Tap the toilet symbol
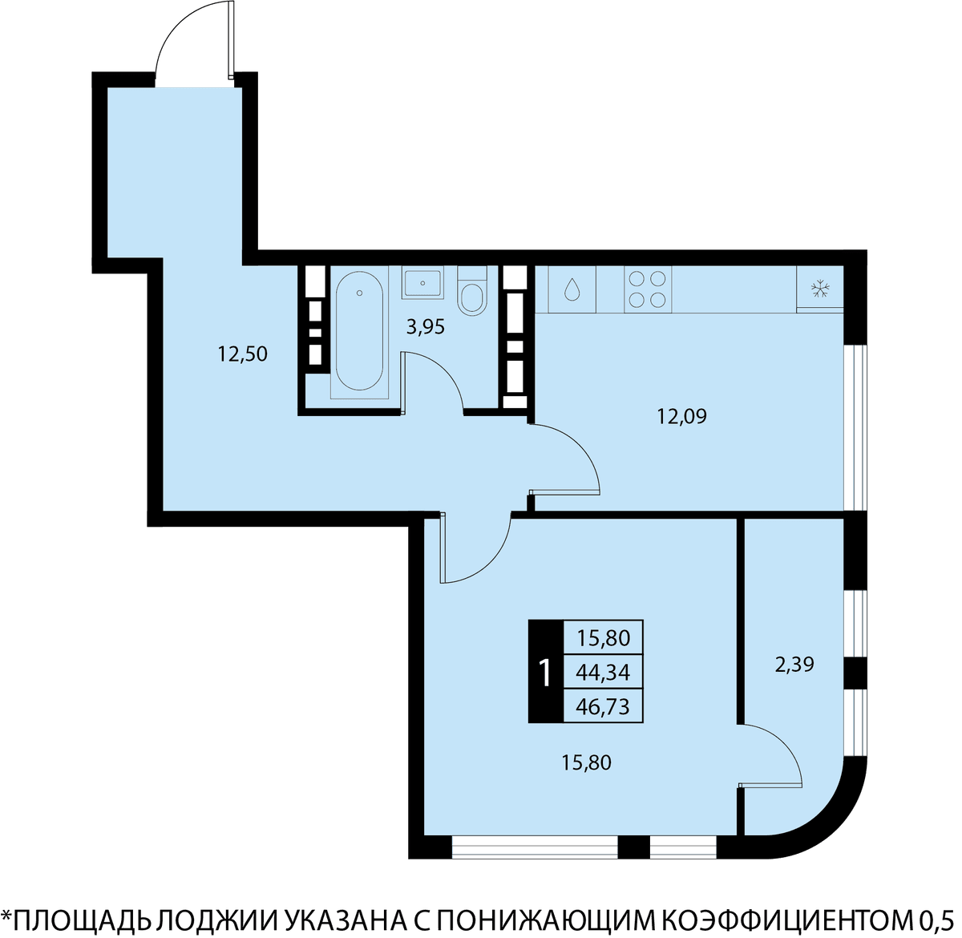click(472, 291)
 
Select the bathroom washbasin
click(422, 283)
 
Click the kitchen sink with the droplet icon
click(572, 289)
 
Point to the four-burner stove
click(648, 289)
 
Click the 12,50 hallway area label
click(243, 354)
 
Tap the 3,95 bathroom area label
click(426, 327)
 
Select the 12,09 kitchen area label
click(681, 416)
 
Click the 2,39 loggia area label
click(794, 665)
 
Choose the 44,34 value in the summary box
click(603, 673)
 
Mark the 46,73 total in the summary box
click(603, 706)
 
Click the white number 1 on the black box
click(545, 673)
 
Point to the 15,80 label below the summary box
click(586, 762)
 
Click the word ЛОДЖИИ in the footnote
click(219, 920)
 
